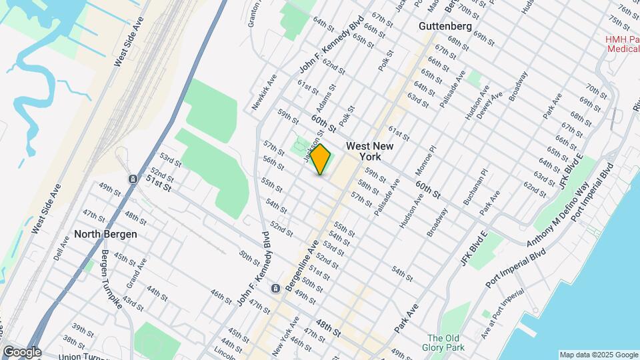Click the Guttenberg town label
tap(445, 26)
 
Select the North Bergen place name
tap(105, 234)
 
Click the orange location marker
tap(321, 159)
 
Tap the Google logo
tap(21, 352)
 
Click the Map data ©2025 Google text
tap(598, 355)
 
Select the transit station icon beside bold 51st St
tap(133, 179)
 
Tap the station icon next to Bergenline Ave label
tap(275, 289)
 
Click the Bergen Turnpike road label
tap(112, 279)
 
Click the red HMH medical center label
tap(622, 43)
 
